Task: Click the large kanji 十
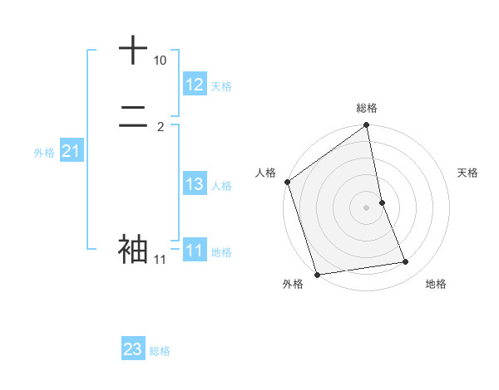133,50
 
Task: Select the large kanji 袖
133,248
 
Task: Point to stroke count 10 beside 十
160,61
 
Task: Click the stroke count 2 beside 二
161,127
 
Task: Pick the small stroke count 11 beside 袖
160,260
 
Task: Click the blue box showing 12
195,85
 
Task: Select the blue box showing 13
195,184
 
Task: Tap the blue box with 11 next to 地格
195,251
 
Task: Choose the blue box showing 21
72,151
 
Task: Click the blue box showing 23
133,349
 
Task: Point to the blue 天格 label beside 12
220,86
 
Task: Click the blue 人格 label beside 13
222,186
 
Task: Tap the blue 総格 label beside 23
160,351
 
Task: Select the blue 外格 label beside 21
44,153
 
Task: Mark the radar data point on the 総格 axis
366,126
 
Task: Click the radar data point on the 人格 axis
288,182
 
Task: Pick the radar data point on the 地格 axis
406,262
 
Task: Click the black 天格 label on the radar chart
468,173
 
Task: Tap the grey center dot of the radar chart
366,207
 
